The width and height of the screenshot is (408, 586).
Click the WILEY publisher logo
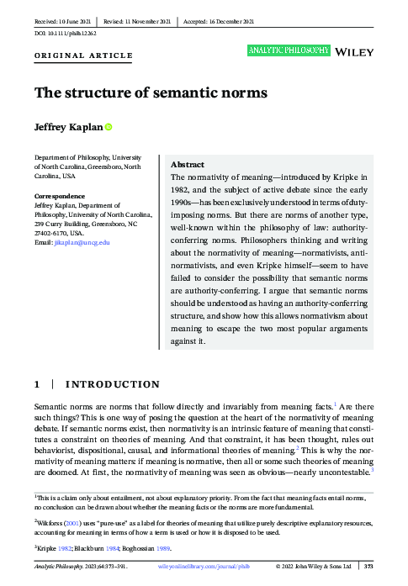[x=354, y=52]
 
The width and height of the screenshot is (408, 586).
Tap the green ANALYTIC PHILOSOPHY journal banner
[x=288, y=51]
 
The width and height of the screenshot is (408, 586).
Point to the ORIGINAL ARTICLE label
[x=83, y=55]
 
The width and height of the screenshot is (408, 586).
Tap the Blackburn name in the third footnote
[x=95, y=546]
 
